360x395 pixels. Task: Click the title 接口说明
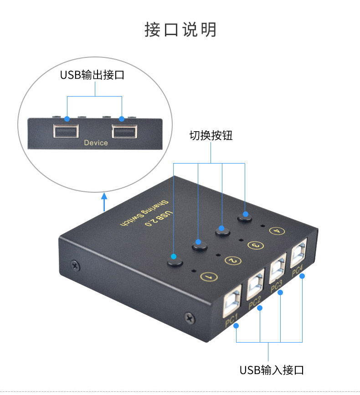180,30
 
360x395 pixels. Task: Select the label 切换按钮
211,135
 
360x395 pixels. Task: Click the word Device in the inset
96,143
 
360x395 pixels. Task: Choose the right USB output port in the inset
123,132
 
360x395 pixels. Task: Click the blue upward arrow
104,202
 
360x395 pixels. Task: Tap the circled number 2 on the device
233,261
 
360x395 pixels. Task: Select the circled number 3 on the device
256,245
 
